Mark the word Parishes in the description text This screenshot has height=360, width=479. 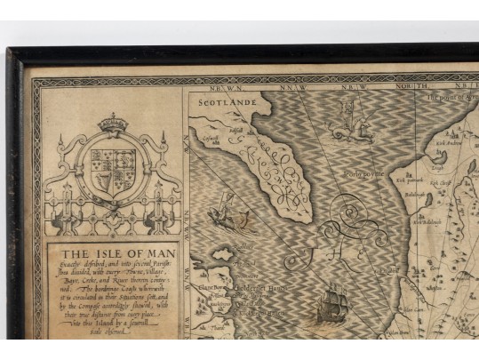[164, 262]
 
